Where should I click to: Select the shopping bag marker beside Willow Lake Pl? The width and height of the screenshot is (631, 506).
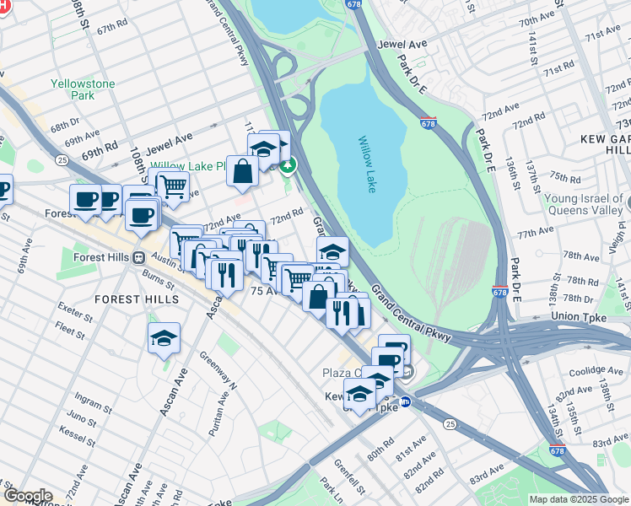pos(243,170)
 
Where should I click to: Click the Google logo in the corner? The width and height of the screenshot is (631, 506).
pos(27,496)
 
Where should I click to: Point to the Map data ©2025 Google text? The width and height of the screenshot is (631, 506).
pos(578,499)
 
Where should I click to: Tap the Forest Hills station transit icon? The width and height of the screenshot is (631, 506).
pos(138,258)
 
